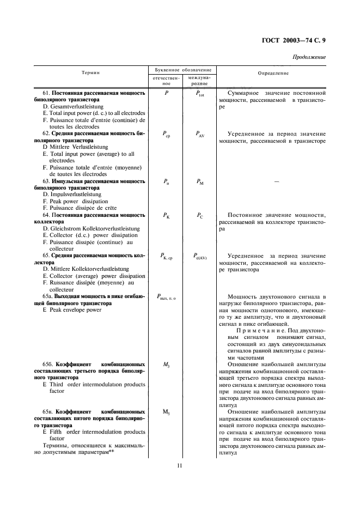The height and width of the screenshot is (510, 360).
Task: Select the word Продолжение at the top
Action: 309,57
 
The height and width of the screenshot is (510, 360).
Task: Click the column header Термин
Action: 90,72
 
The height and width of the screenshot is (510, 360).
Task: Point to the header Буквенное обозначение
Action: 180,70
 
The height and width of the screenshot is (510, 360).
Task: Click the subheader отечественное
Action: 164,81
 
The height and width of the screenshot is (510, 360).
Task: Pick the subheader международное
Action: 199,81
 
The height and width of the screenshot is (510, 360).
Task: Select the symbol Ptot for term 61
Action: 199,94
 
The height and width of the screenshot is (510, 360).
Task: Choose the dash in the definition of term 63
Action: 276,181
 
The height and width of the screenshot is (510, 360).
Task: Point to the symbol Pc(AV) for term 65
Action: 200,256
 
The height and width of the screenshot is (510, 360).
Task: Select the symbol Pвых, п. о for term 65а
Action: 166,297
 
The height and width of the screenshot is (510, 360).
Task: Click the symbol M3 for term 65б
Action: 166,365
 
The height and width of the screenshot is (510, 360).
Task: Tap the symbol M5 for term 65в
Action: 166,411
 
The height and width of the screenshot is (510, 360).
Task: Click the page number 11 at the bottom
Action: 179,465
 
